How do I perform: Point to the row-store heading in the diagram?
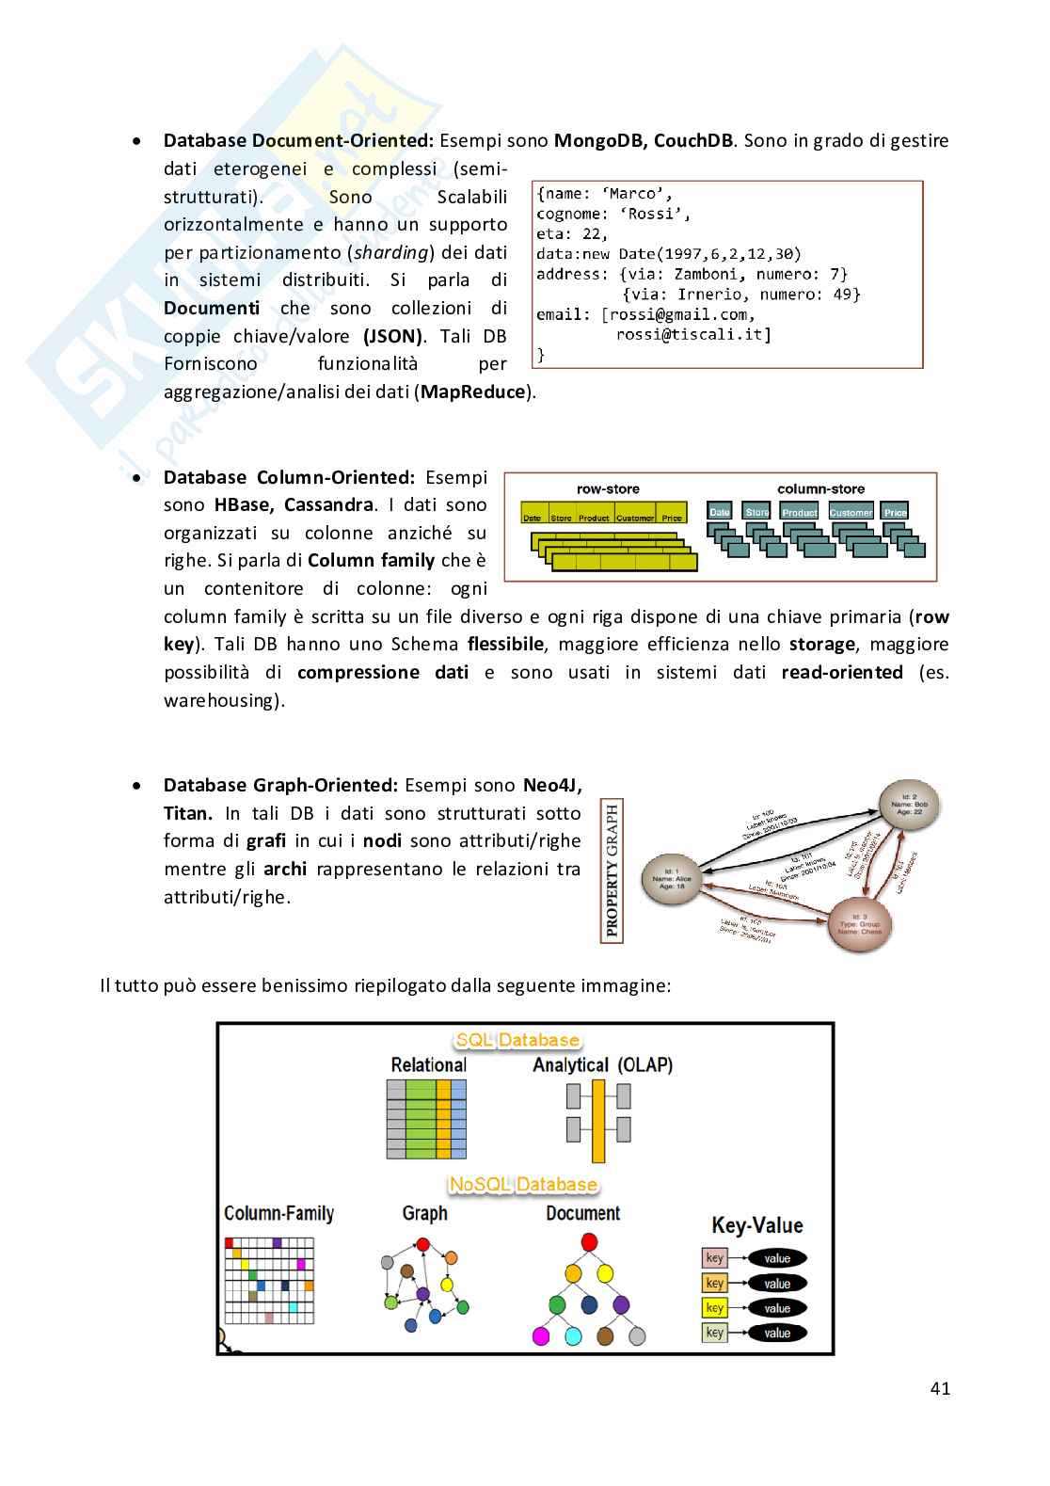[608, 488]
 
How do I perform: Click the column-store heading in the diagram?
[820, 488]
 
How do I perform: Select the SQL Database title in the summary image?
[517, 1040]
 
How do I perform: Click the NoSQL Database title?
[523, 1184]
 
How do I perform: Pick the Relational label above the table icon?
[428, 1064]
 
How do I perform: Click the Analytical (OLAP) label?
[602, 1064]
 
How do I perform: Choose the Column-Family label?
[278, 1213]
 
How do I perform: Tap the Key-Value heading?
[757, 1225]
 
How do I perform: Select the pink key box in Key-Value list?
[715, 1258]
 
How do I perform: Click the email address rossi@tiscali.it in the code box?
[693, 334]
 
